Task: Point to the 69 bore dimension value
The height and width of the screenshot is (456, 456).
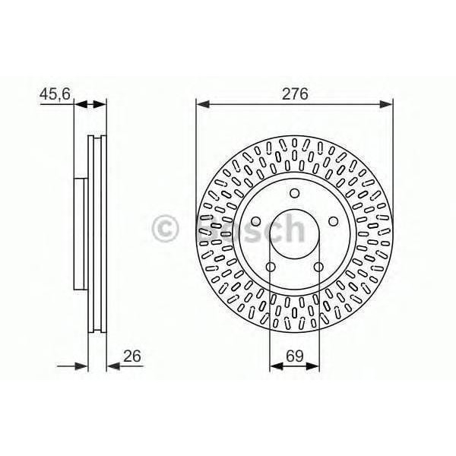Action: [x=294, y=355]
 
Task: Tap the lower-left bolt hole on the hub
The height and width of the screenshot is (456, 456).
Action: [x=271, y=266]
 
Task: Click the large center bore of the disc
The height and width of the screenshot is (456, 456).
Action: [x=294, y=233]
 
